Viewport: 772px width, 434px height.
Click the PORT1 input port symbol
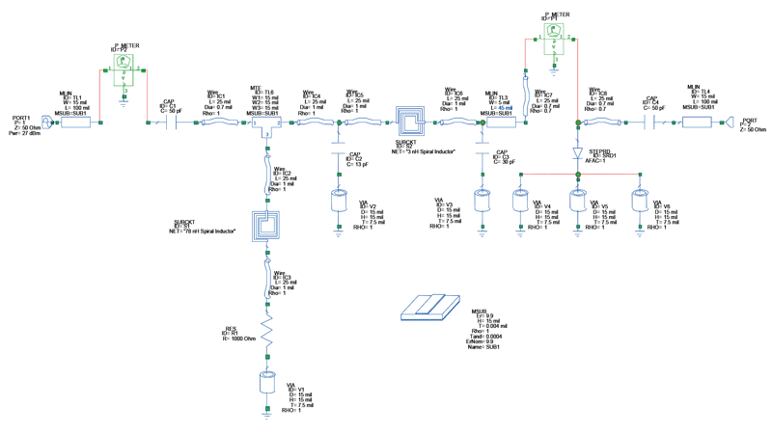45,122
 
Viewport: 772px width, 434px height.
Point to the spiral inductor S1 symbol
266,226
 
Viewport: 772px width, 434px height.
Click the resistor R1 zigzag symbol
266,339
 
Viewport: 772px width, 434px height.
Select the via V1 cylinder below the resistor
266,382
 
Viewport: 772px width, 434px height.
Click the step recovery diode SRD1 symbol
578,152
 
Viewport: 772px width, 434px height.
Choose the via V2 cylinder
339,202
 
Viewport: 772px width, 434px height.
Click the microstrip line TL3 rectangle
502,122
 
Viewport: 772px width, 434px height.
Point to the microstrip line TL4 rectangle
697,122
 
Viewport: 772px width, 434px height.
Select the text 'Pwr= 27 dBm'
25,134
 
